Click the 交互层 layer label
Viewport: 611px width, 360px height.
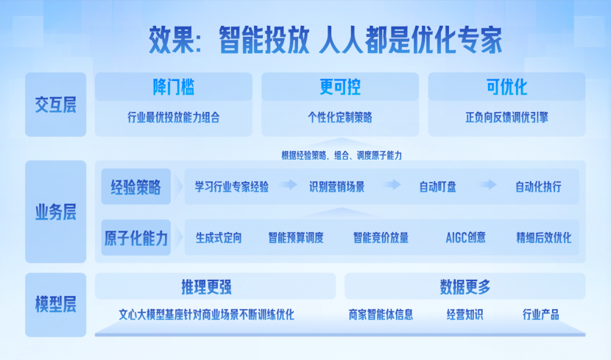tap(56, 105)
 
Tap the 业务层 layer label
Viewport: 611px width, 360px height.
tap(56, 212)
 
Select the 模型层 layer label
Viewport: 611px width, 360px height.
tap(56, 304)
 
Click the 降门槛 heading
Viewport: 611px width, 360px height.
tap(174, 86)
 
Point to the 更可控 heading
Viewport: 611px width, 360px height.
tap(340, 86)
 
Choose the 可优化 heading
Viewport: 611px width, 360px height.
tap(506, 86)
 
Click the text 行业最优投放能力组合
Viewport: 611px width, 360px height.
tap(174, 117)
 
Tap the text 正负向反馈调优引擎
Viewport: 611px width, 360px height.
tap(506, 117)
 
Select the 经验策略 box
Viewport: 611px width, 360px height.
tap(136, 186)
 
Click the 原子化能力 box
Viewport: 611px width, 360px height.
tap(136, 238)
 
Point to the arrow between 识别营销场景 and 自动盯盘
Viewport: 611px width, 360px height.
tap(392, 184)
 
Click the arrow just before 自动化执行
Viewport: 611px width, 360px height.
tap(488, 184)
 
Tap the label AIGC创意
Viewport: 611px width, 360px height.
tap(466, 238)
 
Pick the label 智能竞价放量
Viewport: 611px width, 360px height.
tap(381, 238)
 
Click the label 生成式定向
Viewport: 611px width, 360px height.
tap(219, 238)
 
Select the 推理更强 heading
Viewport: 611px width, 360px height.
tap(206, 287)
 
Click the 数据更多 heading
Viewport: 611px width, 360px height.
tap(465, 287)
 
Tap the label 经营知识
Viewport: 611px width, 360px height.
tap(465, 314)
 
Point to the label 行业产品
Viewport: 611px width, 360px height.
tap(540, 314)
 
